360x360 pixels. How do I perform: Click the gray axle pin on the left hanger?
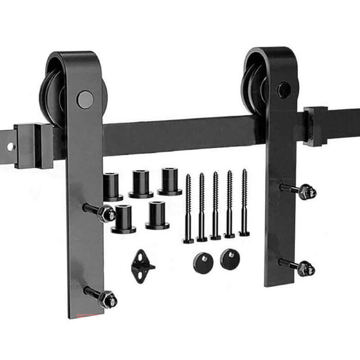[x=85, y=99]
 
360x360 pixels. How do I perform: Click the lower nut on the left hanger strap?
[x=108, y=299]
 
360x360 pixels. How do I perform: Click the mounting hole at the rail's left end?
[x=10, y=147]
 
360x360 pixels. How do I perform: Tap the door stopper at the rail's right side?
[x=315, y=126]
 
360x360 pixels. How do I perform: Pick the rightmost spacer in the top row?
[x=170, y=181]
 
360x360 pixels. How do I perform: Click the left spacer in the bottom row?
[x=123, y=218]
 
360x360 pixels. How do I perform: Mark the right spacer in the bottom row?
[x=157, y=215]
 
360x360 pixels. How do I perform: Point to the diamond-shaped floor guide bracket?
[x=142, y=266]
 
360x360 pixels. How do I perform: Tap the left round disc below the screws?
[x=203, y=261]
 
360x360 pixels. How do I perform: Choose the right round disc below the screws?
[x=230, y=259]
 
